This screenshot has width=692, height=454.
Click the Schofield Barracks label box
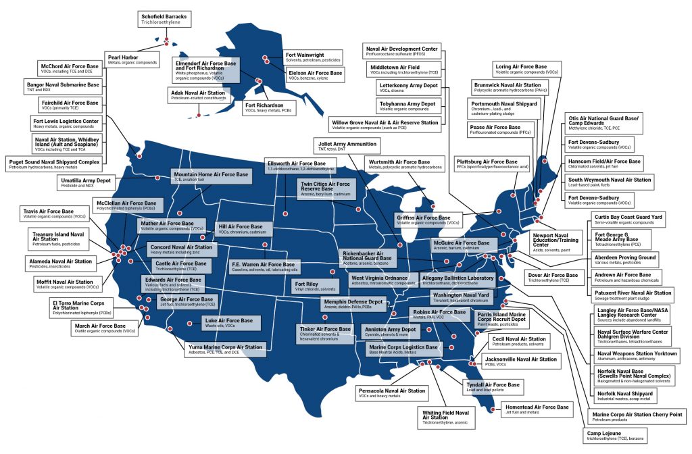pyautogui.click(x=164, y=18)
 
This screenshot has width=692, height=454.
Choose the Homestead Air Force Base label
pyautogui.click(x=535, y=409)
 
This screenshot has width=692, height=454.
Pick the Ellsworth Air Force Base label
pyautogui.click(x=302, y=167)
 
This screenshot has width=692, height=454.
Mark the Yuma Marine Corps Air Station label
pyautogui.click(x=224, y=350)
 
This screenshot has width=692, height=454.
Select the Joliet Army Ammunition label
pyautogui.click(x=347, y=146)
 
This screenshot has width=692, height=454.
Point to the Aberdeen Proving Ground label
pyautogui.click(x=625, y=260)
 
